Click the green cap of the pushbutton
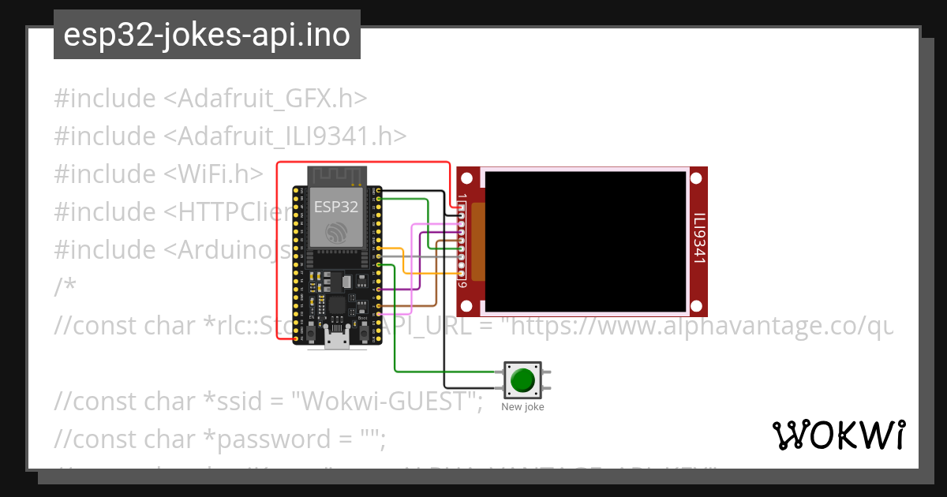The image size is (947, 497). click(x=522, y=380)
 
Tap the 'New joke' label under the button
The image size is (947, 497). click(x=522, y=407)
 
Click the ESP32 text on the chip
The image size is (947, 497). click(x=336, y=207)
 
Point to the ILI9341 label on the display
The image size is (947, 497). click(x=698, y=237)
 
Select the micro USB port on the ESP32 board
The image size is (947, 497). click(x=336, y=342)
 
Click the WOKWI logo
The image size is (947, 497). click(x=839, y=435)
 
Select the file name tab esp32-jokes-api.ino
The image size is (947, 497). click(x=207, y=35)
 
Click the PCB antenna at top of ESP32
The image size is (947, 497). click(x=336, y=175)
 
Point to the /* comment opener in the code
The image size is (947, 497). click(x=65, y=287)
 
